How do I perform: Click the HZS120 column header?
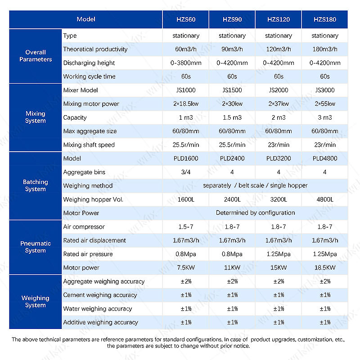(279, 19)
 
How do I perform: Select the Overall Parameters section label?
(36, 56)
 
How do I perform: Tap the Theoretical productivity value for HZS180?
(325, 49)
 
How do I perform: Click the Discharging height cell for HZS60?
(186, 63)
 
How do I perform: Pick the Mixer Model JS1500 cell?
(232, 90)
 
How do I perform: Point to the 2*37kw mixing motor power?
(279, 104)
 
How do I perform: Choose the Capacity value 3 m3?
(325, 117)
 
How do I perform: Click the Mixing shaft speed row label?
(89, 145)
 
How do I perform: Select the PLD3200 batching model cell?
(279, 158)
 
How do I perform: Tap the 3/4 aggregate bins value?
(186, 172)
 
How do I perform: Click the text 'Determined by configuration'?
(255, 213)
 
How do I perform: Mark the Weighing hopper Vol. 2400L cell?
(232, 199)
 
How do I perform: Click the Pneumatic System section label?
(36, 247)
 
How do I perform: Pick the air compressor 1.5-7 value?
(186, 227)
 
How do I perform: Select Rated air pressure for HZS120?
(279, 254)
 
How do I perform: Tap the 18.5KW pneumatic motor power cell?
(325, 268)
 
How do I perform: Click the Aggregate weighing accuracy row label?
(103, 281)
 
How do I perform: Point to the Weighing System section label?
(36, 301)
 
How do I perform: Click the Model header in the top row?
(86, 19)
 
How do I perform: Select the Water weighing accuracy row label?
(98, 309)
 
